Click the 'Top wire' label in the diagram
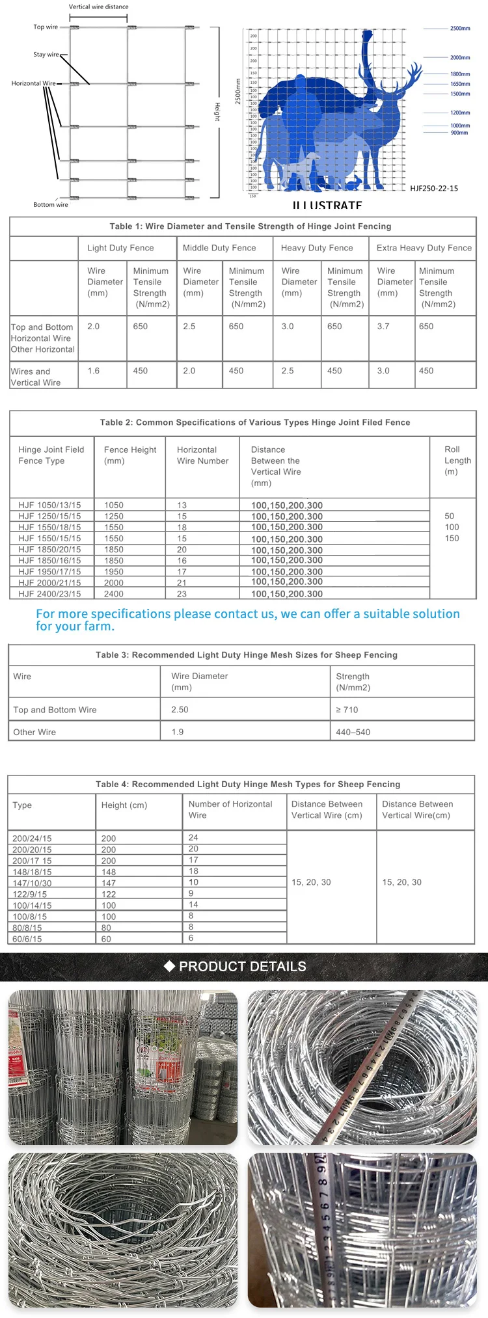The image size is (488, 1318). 46,27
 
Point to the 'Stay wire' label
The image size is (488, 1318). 46,55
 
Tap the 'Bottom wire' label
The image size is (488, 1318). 51,205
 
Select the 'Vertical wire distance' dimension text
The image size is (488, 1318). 99,7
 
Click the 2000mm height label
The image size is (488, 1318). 460,58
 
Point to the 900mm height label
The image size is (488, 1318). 459,133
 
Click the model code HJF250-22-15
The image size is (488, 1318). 434,189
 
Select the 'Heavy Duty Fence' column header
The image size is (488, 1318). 317,248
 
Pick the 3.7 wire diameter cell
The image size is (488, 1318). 383,327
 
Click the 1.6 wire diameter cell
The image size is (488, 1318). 94,371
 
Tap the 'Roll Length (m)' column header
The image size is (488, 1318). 457,461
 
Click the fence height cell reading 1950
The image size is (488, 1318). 114,572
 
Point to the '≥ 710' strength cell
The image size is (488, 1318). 347,710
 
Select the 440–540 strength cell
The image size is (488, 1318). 353,732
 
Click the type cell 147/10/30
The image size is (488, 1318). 32,883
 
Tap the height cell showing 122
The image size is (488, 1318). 109,894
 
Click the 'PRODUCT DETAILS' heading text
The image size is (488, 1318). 243,967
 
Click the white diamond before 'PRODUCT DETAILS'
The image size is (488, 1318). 169,966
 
